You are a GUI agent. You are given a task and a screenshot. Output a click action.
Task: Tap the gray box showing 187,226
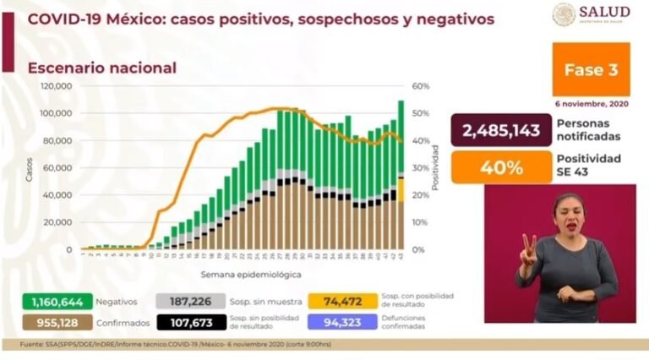pyautogui.click(x=188, y=302)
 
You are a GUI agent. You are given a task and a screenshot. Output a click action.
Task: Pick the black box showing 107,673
pyautogui.click(x=188, y=323)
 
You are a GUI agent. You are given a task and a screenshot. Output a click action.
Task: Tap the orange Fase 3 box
pyautogui.click(x=591, y=70)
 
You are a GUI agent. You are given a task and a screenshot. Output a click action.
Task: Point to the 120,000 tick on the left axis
pyautogui.click(x=56, y=86)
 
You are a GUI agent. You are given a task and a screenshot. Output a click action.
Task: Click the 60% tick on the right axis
pyautogui.click(x=421, y=86)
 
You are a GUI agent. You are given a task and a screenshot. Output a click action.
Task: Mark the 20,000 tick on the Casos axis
pyautogui.click(x=58, y=222)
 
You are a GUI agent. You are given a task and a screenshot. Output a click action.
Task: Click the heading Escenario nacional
pyautogui.click(x=102, y=68)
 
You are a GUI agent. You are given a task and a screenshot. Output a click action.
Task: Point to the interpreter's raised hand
pyautogui.click(x=528, y=248)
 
